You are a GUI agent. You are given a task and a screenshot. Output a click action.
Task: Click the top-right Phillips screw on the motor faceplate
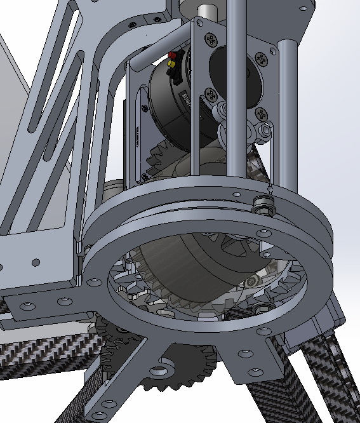(261, 60)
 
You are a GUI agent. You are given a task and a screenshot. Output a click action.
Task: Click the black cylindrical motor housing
(162, 108)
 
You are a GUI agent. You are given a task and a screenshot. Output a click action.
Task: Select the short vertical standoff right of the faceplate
(286, 114)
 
